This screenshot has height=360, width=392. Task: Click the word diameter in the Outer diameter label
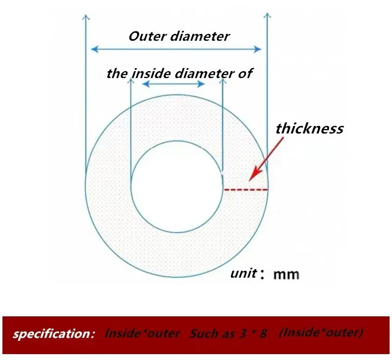tap(199, 36)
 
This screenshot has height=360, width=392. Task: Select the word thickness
tap(310, 129)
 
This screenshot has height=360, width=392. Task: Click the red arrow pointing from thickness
tap(266, 159)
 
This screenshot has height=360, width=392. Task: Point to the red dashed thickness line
tap(246, 190)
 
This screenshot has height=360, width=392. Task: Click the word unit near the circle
tap(243, 273)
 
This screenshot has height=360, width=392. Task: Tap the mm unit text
tap(286, 274)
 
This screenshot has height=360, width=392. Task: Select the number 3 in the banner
tap(242, 334)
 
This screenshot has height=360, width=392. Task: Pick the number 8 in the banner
tap(263, 334)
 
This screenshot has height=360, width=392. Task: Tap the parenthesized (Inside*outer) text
tap(321, 333)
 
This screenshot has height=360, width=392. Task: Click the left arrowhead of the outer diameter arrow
tap(95, 49)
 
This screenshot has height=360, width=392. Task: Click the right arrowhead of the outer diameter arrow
tap(258, 49)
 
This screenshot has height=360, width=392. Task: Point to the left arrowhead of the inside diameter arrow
tap(146, 84)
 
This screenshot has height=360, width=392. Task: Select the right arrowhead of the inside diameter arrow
tap(201, 84)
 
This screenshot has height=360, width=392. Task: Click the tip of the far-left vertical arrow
tap(86, 15)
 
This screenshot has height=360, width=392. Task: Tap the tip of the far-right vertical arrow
tap(267, 13)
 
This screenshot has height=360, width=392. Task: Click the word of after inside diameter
tap(245, 74)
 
